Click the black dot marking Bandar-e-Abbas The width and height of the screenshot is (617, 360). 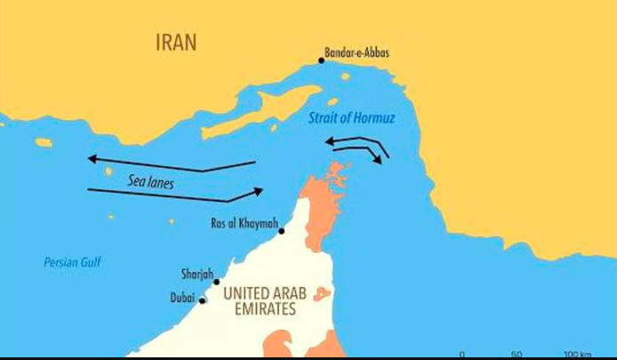tap(322, 60)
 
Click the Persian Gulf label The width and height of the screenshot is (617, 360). tap(73, 262)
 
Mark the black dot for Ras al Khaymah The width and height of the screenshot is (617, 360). tap(282, 231)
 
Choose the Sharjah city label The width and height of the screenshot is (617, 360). tap(197, 276)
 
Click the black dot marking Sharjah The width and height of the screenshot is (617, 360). tap(217, 282)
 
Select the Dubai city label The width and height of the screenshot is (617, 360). tap(182, 299)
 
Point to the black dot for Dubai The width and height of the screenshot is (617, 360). tap(203, 300)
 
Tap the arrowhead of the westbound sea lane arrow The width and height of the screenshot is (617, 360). tap(92, 159)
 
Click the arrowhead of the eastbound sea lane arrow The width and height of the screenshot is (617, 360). tap(259, 190)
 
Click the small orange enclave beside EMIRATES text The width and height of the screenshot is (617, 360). tap(322, 294)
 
